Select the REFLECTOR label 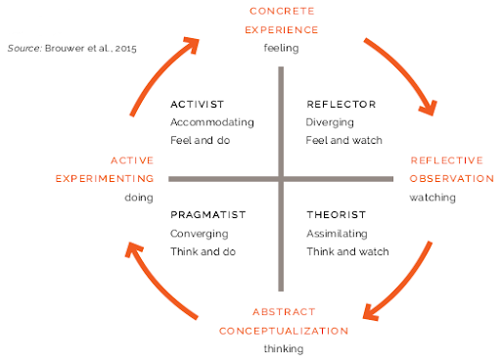(341, 104)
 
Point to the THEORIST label (336, 214)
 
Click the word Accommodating (211, 122)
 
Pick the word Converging (199, 233)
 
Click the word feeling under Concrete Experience (281, 47)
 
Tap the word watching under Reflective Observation (433, 197)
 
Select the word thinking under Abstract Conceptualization (284, 348)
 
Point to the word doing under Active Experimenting (138, 197)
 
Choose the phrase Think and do (204, 251)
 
